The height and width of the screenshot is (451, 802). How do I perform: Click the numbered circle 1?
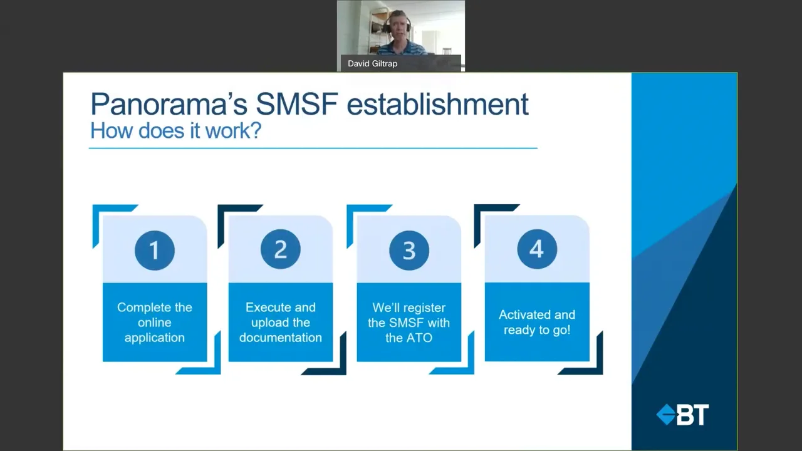point(154,251)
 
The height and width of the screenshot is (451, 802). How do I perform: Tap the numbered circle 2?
point(281,250)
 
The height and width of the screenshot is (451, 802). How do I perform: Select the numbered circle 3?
point(409,251)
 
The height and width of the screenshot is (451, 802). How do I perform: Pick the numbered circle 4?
point(537,249)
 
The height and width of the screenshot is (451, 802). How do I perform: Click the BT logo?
point(682,415)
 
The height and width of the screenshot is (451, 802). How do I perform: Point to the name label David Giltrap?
point(372,63)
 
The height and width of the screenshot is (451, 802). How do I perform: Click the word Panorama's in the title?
point(169,104)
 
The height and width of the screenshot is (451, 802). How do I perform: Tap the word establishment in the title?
point(437,104)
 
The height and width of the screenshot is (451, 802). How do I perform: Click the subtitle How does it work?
point(175,131)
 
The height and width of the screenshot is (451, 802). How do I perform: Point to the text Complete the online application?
point(154,322)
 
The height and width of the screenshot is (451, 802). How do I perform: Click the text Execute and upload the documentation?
point(281,322)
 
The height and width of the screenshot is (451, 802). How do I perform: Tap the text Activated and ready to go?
point(537,322)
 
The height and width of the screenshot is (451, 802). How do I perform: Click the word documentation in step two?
point(281,338)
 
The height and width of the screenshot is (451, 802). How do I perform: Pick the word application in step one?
point(154,338)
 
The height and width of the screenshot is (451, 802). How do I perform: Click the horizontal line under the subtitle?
point(313,148)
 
